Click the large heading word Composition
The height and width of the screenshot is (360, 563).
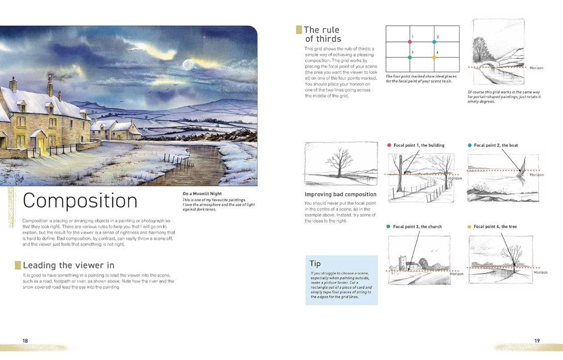click(80, 201)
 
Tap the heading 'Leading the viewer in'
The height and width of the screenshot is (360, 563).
click(68, 265)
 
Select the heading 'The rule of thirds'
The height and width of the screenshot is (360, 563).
click(322, 34)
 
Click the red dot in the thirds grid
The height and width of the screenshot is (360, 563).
click(410, 42)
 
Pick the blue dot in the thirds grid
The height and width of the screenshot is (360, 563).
click(434, 42)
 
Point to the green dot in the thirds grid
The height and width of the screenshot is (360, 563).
click(410, 57)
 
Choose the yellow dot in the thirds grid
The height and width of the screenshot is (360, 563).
click(434, 57)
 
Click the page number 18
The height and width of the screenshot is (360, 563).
click(25, 340)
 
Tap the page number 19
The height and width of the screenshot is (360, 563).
click(537, 340)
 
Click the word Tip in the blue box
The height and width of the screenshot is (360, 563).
click(315, 263)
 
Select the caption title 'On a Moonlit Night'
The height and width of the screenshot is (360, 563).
click(202, 194)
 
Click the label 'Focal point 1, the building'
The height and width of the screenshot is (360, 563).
click(419, 145)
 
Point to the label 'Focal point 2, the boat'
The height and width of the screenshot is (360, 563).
click(496, 145)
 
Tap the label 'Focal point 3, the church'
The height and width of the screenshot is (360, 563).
click(417, 227)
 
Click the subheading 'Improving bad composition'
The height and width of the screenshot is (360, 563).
click(340, 195)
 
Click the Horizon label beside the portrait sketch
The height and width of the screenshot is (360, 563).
click(536, 68)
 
